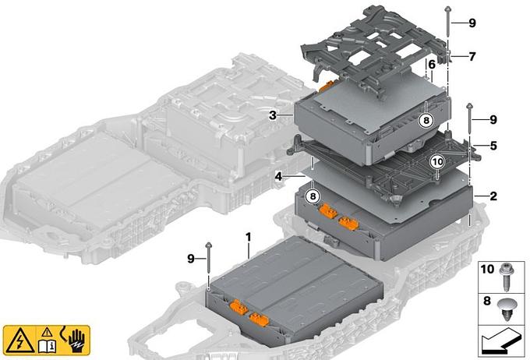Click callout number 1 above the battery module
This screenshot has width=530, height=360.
click(249, 238)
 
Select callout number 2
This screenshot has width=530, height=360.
click(493, 196)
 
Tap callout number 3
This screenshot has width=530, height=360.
click(273, 115)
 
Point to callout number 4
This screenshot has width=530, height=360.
click(278, 176)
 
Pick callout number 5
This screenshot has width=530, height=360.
click(493, 146)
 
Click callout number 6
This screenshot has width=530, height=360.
click(432, 64)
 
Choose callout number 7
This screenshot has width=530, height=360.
click(472, 56)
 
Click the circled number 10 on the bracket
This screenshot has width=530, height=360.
click(438, 162)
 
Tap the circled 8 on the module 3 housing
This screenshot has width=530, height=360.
click(426, 120)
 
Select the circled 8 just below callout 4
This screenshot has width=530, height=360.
click(313, 196)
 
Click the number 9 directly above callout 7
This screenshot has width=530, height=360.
click(472, 23)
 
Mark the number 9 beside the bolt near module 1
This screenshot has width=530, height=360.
click(191, 259)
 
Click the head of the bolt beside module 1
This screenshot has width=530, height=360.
click(208, 245)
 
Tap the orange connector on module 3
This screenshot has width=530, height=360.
click(326, 87)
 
